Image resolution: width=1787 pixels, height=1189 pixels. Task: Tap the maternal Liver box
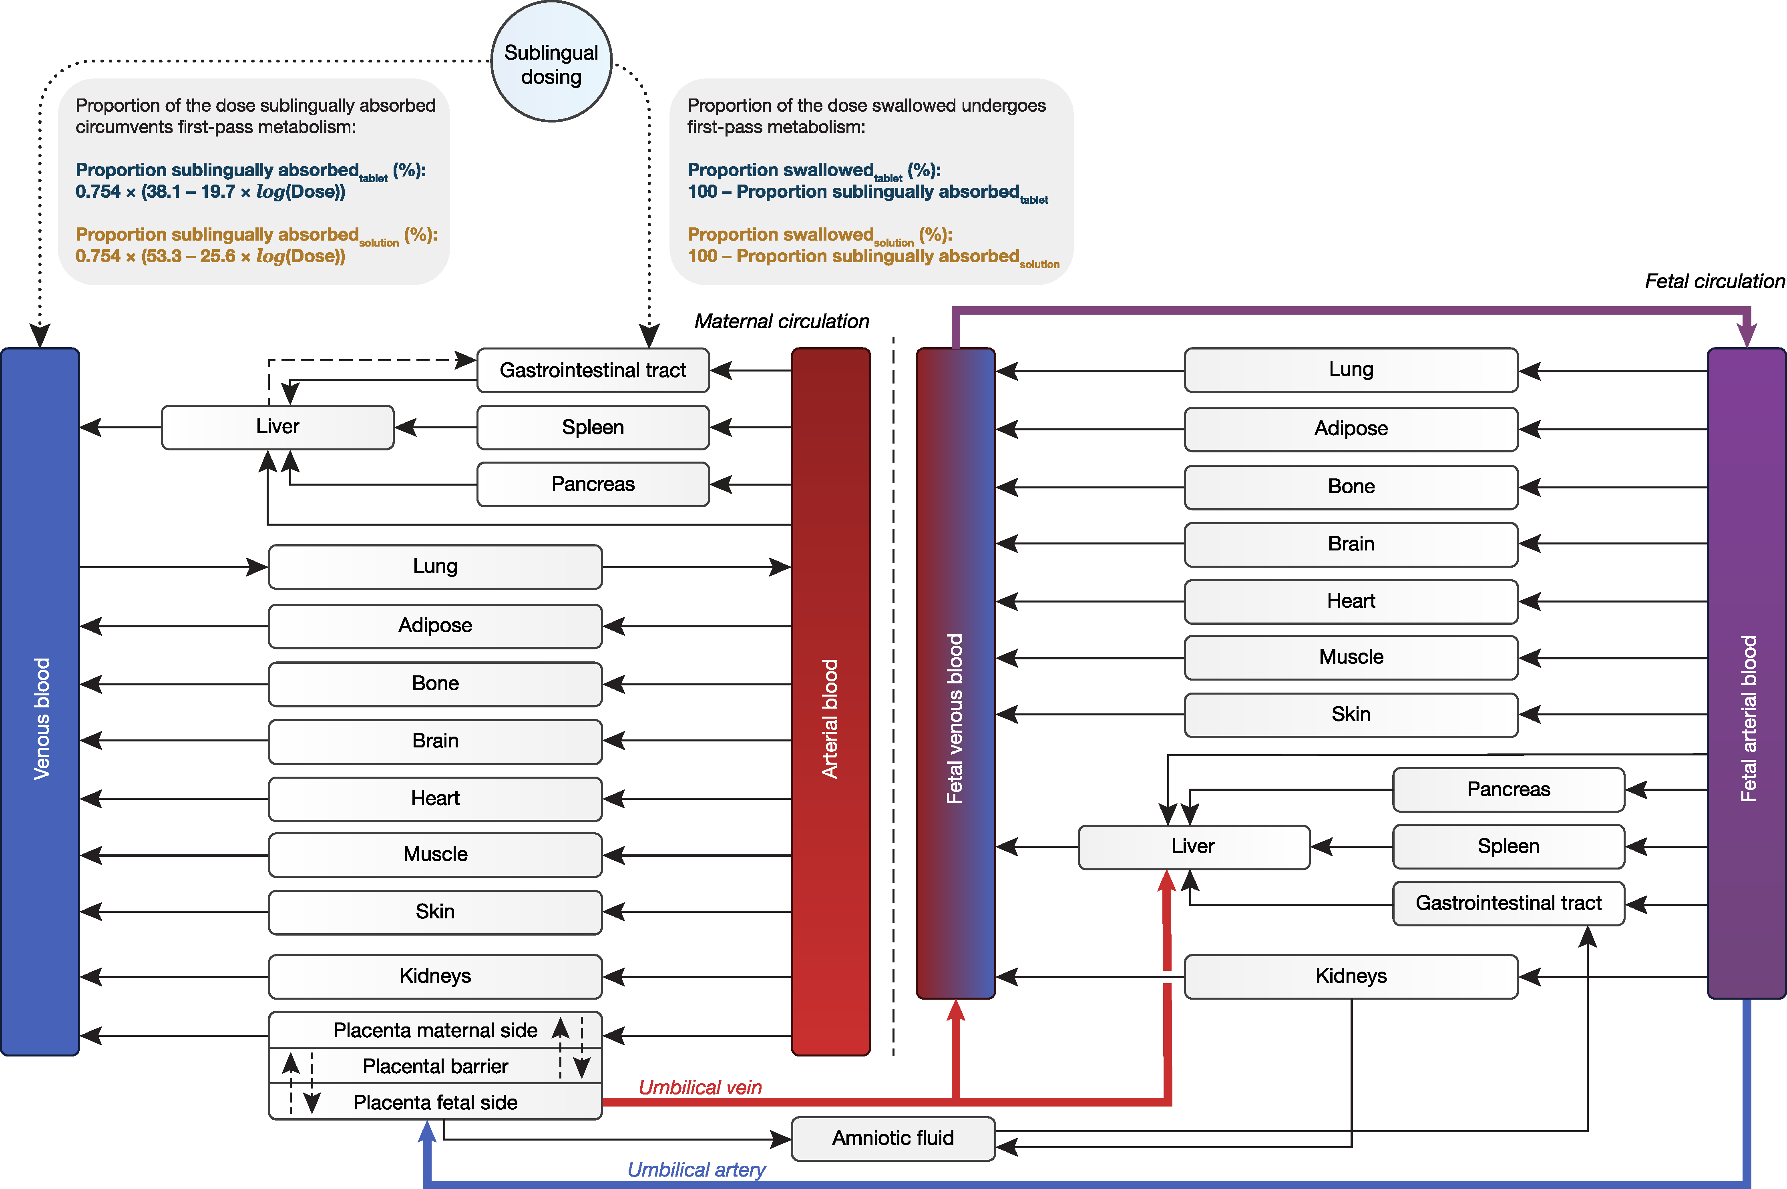(277, 427)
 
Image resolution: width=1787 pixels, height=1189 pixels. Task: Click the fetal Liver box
(1193, 846)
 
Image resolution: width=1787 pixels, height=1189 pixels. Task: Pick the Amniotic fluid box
(893, 1138)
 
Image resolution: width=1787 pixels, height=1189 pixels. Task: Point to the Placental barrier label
(435, 1066)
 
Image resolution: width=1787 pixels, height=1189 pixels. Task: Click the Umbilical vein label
(700, 1087)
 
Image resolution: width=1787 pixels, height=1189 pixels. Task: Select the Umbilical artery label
(696, 1169)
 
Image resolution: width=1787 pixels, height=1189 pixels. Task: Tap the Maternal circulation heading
(781, 321)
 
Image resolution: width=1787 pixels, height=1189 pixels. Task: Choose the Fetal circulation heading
(1714, 281)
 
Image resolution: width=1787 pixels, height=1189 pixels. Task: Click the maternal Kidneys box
(435, 976)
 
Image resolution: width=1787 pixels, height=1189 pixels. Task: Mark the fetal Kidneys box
(1351, 976)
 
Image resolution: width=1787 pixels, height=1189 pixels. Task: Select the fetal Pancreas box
(1508, 789)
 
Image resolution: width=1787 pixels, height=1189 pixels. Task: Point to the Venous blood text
(41, 718)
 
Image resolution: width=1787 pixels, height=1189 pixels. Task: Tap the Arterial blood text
(830, 718)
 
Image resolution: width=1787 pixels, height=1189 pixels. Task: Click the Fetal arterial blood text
(1747, 718)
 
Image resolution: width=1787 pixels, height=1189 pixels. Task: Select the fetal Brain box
(1351, 544)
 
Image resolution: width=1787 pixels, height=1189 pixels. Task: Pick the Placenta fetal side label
(435, 1103)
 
